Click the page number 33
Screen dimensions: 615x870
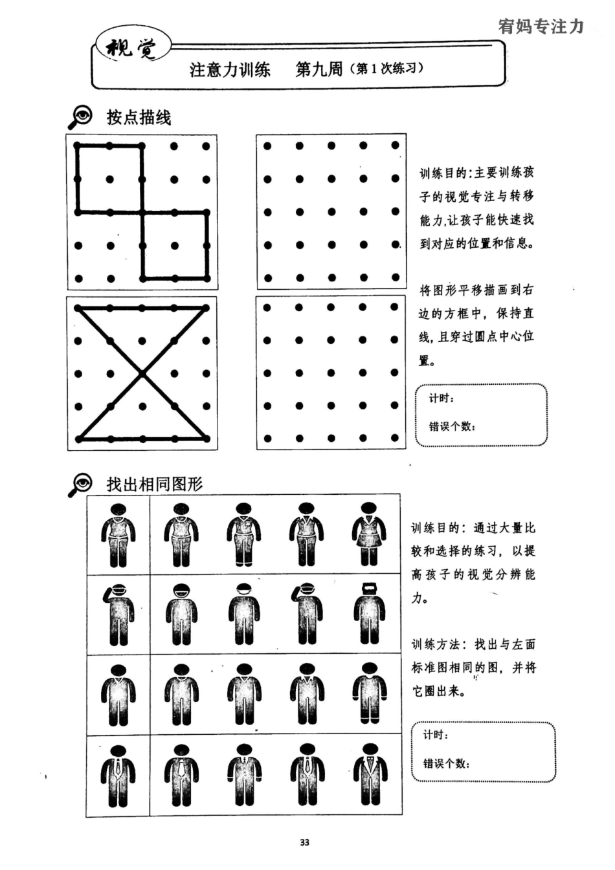304,842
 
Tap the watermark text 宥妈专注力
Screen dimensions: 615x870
541,27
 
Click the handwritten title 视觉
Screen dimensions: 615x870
131,47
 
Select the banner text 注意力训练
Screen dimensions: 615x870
230,69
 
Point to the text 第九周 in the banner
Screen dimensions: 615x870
319,69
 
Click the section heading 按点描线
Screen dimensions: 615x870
139,117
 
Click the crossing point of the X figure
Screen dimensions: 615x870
142,373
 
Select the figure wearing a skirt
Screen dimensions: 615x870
369,534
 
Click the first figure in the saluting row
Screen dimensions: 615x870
118,614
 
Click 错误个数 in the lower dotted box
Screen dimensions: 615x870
446,763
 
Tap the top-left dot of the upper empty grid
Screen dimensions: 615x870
267,146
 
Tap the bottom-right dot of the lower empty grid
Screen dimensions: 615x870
395,439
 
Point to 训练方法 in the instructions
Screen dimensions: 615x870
436,644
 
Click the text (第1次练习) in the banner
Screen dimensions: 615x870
386,69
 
